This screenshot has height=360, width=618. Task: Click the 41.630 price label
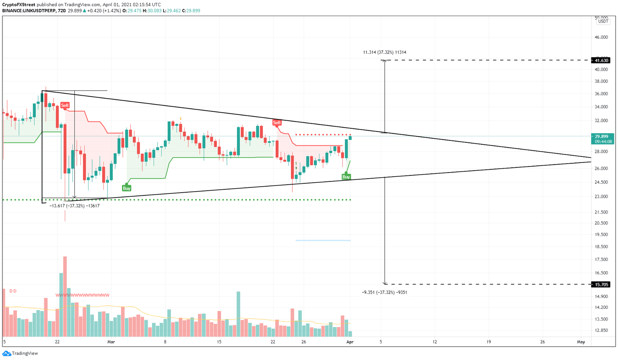[x=602, y=60]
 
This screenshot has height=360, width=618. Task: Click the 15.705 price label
[x=602, y=284]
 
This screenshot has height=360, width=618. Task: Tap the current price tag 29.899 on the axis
[x=602, y=136]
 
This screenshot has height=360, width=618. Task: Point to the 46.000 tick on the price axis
[x=601, y=37]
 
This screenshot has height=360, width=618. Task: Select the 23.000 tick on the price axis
[x=601, y=197]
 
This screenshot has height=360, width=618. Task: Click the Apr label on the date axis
[x=350, y=342]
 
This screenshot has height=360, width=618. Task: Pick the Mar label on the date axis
[x=111, y=342]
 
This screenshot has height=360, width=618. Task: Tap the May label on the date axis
[x=581, y=342]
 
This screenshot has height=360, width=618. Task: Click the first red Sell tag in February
[x=65, y=105]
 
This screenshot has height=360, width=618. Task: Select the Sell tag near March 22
[x=277, y=122]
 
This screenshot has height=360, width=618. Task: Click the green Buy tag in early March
[x=126, y=188]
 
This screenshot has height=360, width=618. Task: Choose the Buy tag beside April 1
[x=346, y=177]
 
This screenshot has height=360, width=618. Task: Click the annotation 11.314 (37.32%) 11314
[x=384, y=52]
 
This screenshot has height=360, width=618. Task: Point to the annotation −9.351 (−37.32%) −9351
[x=384, y=292]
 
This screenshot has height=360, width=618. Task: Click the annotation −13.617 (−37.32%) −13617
[x=74, y=206]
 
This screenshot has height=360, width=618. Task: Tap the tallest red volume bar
[x=65, y=296]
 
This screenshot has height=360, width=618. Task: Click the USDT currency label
[x=603, y=21]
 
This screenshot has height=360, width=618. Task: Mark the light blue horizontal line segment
[x=323, y=240]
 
